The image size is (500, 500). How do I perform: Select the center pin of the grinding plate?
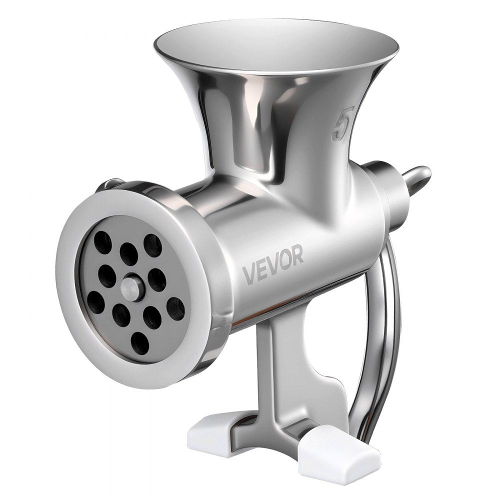[131, 287]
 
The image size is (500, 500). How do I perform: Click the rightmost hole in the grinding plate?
[175, 308]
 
